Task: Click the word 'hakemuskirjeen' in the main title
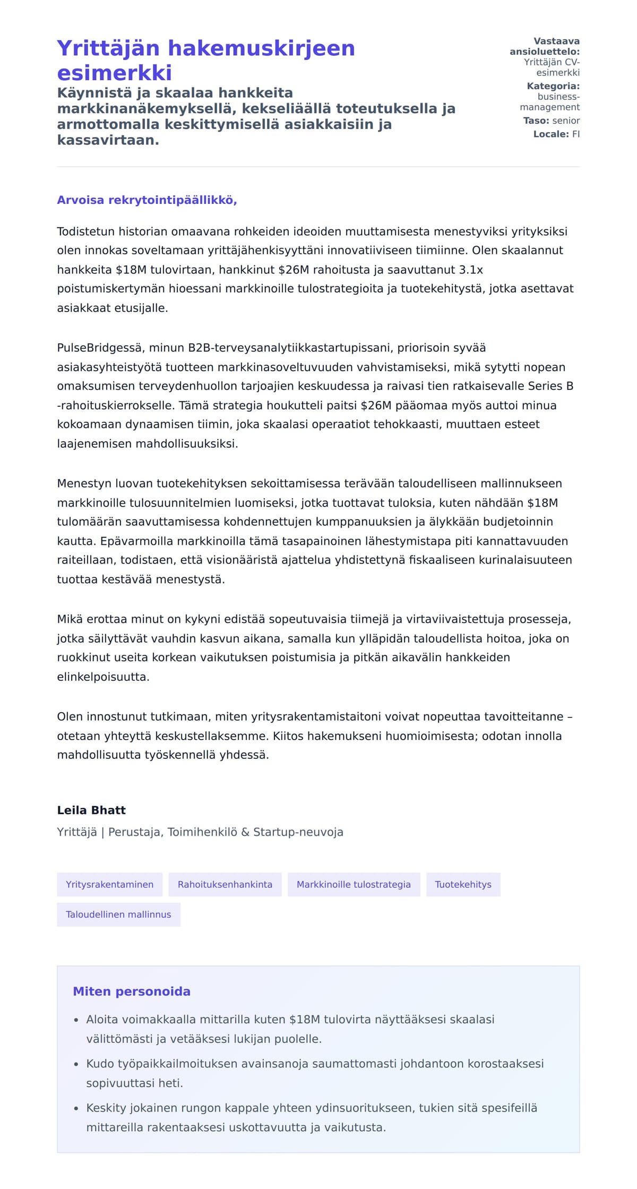pos(261,48)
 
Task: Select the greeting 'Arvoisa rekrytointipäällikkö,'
pos(147,200)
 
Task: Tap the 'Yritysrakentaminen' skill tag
pos(109,884)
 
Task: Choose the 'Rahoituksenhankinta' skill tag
pos(225,884)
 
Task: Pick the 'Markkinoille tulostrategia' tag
pos(354,884)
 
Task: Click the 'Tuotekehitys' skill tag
pos(463,884)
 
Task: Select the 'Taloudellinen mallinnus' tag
pos(118,914)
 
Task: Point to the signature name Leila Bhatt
pos(91,810)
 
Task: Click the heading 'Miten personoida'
pos(132,991)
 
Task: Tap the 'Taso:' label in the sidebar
pos(536,121)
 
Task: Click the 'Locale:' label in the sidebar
pos(551,134)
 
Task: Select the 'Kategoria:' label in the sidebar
pos(553,86)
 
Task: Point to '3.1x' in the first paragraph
pos(471,270)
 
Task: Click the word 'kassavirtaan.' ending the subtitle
pos(108,140)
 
